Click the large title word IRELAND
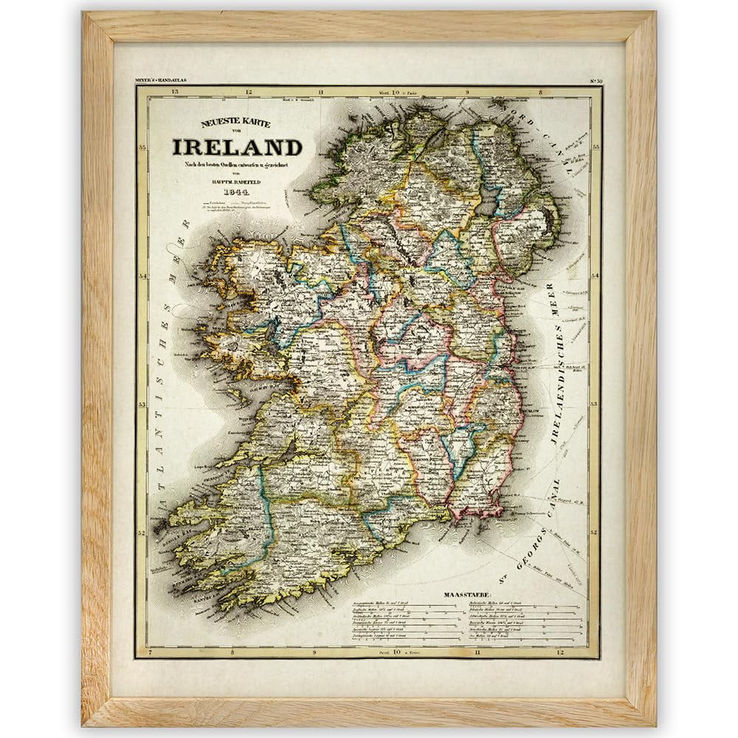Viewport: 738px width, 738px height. tap(237, 147)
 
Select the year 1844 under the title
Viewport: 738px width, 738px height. tap(235, 193)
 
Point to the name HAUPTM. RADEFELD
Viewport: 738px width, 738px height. tap(235, 182)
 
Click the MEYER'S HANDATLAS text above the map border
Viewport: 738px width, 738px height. tap(160, 78)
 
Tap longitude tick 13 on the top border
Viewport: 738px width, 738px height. tap(174, 92)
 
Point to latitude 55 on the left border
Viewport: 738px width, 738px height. tap(142, 148)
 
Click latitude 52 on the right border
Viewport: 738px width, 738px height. tap(596, 531)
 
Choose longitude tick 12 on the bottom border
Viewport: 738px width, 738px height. tap(561, 652)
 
